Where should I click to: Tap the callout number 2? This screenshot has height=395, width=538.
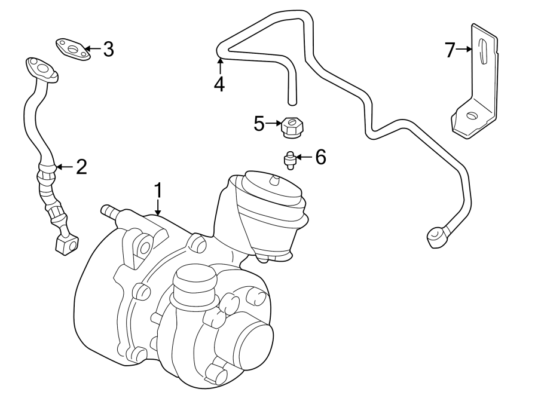[x=81, y=167]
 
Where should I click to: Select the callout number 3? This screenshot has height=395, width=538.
[x=108, y=49]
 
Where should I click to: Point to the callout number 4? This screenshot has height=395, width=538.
[x=219, y=84]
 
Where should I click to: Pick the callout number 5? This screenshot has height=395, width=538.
[x=259, y=124]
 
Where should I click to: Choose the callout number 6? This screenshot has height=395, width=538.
[x=320, y=157]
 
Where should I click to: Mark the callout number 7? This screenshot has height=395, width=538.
[x=450, y=50]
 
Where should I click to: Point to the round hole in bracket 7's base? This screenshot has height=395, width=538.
[x=472, y=116]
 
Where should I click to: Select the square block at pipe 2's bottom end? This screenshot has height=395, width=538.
[x=66, y=243]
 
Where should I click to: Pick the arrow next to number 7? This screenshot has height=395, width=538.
[x=465, y=50]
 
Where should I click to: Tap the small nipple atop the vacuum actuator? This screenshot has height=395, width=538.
[x=275, y=179]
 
